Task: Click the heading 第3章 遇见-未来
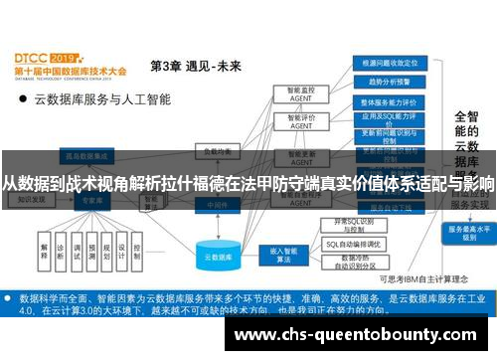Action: (x=195, y=66)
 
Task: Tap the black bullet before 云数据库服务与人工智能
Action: (x=21, y=99)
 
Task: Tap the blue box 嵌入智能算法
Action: (x=278, y=255)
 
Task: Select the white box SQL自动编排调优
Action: (x=354, y=243)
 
